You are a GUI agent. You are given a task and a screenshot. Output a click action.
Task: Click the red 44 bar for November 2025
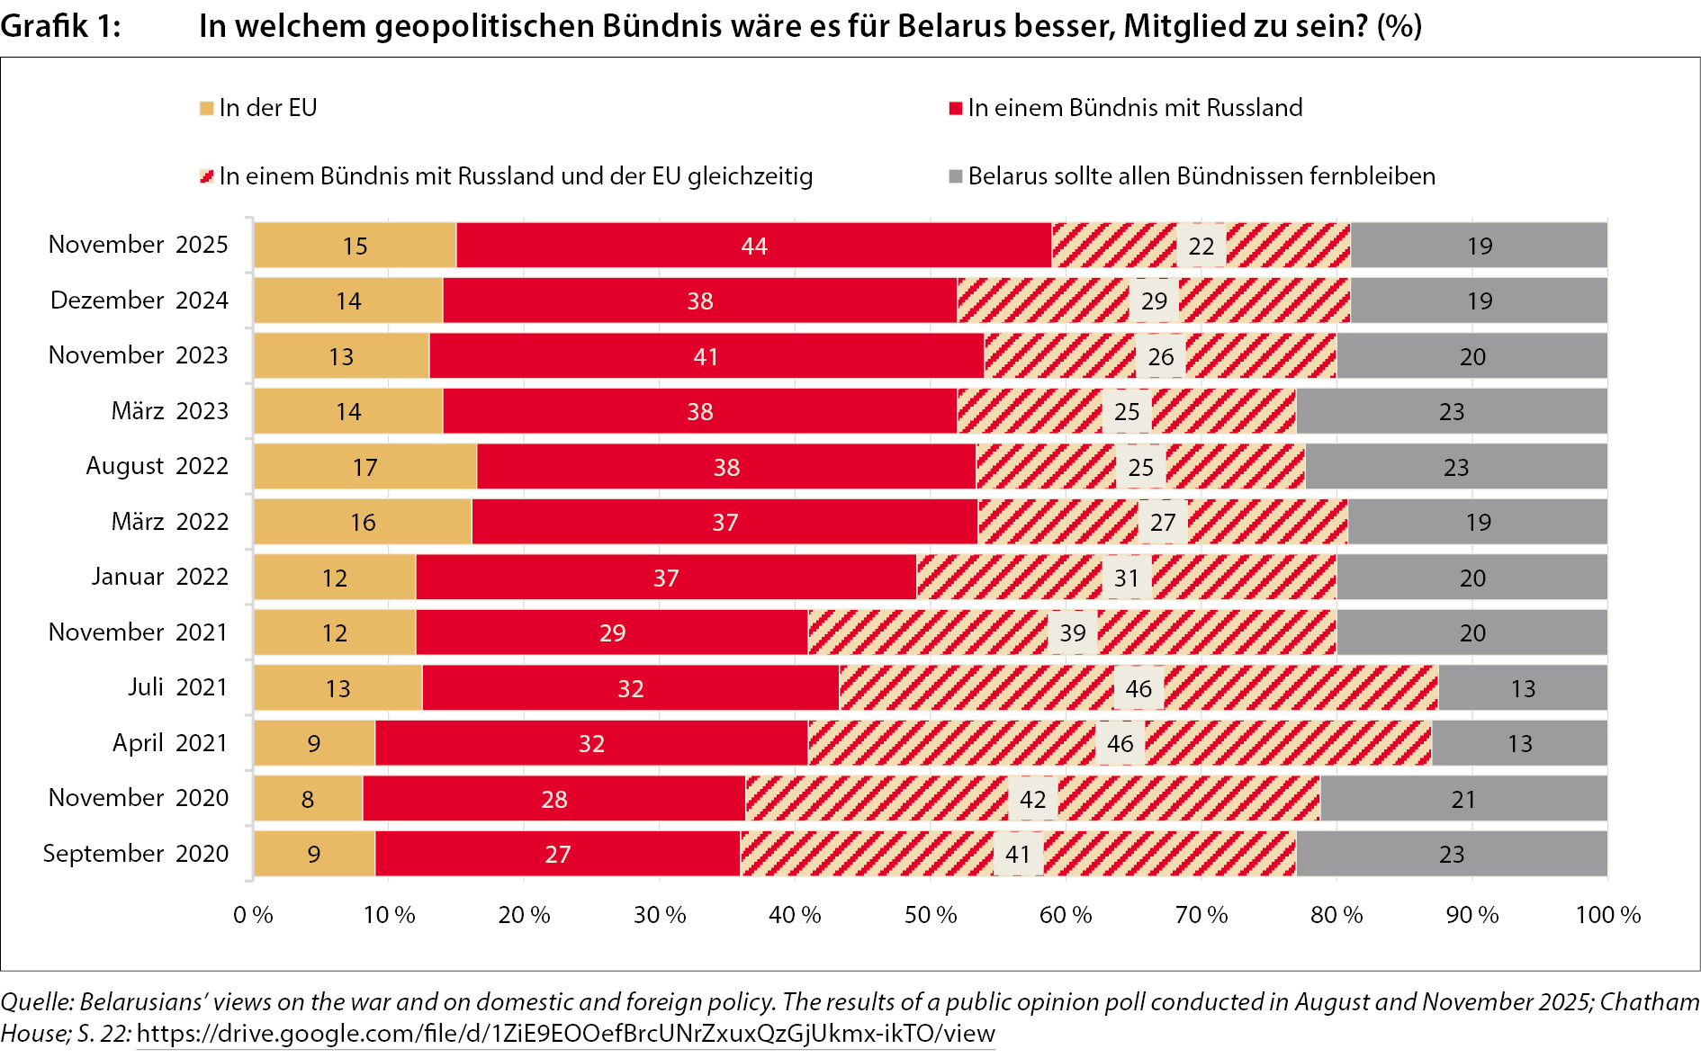click(x=753, y=246)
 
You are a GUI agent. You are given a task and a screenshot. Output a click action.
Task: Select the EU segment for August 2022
click(x=365, y=467)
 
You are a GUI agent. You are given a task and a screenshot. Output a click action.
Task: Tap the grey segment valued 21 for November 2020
click(x=1463, y=799)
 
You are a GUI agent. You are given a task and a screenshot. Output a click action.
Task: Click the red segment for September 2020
click(x=557, y=854)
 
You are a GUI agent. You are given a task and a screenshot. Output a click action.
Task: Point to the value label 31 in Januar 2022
click(x=1127, y=578)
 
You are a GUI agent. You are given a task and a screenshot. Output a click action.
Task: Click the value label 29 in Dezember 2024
click(x=1154, y=300)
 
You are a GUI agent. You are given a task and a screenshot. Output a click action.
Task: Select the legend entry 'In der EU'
click(x=267, y=108)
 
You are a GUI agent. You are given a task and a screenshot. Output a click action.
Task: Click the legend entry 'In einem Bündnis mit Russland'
click(x=1134, y=108)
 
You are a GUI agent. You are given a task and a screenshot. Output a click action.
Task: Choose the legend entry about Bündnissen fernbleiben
click(x=1201, y=176)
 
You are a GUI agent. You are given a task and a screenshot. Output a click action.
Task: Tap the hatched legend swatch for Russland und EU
click(x=207, y=176)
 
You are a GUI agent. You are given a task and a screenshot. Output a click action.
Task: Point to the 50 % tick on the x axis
click(x=931, y=915)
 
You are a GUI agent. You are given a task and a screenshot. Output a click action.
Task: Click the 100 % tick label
click(x=1607, y=915)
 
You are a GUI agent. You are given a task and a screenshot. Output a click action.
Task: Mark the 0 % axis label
click(x=253, y=915)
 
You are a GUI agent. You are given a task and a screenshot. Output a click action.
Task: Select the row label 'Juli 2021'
click(x=177, y=687)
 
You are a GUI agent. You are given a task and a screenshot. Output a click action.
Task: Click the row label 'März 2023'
click(x=169, y=411)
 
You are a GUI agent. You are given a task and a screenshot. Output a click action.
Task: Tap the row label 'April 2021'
click(x=169, y=743)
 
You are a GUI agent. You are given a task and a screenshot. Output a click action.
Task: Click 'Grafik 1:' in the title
click(x=60, y=26)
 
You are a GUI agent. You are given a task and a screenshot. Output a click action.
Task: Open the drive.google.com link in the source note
click(x=565, y=1034)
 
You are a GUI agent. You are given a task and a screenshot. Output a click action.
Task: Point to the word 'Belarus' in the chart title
click(x=952, y=26)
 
